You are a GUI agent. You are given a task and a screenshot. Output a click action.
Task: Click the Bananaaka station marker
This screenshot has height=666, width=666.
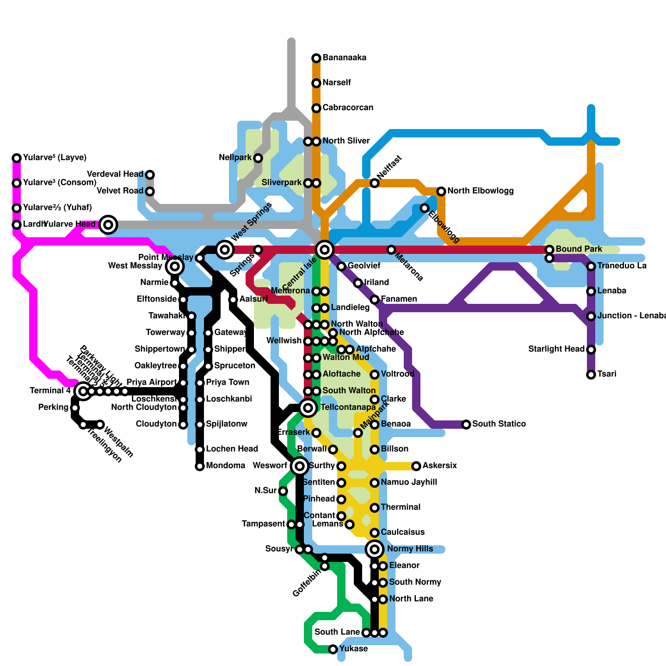pyautogui.click(x=316, y=58)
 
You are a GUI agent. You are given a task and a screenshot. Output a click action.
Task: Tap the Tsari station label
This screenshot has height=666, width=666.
pyautogui.click(x=606, y=374)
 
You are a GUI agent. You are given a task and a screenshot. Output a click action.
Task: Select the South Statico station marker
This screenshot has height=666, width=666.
pyautogui.click(x=466, y=424)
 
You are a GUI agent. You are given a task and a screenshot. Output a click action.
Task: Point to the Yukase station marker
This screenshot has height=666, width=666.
pyautogui.click(x=333, y=649)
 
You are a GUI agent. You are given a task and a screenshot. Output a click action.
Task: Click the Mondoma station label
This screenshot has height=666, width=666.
pyautogui.click(x=225, y=466)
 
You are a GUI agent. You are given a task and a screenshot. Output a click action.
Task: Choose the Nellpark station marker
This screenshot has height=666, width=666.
pyautogui.click(x=258, y=158)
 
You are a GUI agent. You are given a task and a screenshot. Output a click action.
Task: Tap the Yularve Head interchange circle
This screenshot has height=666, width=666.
pyautogui.click(x=108, y=225)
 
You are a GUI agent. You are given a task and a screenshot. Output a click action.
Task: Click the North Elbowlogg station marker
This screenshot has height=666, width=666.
pyautogui.click(x=441, y=191)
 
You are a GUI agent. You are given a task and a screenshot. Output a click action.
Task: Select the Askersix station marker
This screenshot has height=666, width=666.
pyautogui.click(x=416, y=466)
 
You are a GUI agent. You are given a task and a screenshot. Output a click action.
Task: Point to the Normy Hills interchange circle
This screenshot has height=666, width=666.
pyautogui.click(x=375, y=549)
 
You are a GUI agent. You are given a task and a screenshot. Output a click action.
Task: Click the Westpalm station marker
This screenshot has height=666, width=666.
pyautogui.click(x=100, y=424)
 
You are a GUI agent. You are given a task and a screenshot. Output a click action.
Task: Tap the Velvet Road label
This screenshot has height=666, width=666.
pyautogui.click(x=120, y=191)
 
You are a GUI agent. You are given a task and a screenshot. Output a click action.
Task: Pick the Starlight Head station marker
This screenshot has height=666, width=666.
pyautogui.click(x=591, y=349)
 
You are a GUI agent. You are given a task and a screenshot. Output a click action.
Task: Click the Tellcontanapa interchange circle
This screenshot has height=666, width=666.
pyautogui.click(x=308, y=408)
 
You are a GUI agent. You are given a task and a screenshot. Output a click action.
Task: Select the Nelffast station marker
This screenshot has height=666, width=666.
pyautogui.click(x=375, y=183)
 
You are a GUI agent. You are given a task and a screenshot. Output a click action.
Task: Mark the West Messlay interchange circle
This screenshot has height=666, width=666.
pyautogui.click(x=175, y=266)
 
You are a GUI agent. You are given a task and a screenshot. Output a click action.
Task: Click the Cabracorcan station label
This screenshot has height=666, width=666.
pyautogui.click(x=348, y=108)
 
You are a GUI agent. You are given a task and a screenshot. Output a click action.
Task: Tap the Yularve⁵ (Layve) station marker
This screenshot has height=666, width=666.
pyautogui.click(x=17, y=158)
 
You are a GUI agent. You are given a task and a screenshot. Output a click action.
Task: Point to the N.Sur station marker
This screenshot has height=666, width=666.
pyautogui.click(x=283, y=491)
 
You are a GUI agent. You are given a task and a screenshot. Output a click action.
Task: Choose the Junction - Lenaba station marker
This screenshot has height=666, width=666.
pyautogui.click(x=591, y=316)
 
